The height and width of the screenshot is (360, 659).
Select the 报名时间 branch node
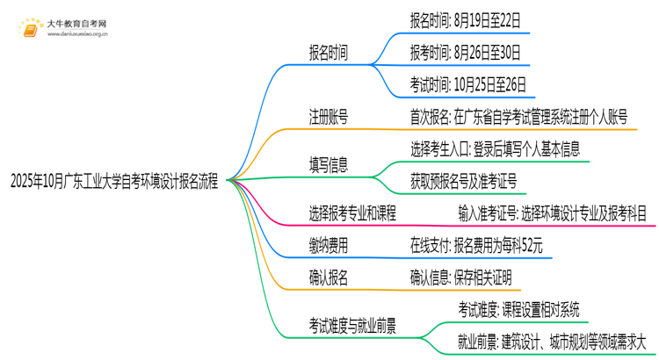327,52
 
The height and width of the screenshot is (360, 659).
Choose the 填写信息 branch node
327,162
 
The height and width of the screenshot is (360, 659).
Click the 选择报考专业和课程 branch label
351,212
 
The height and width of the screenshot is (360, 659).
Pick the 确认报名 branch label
327,278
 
